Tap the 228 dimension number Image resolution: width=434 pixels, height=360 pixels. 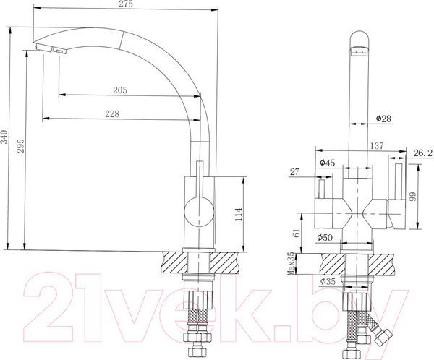(111, 113)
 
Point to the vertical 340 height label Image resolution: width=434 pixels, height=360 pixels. (5, 137)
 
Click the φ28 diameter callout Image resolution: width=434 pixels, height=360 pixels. (383, 118)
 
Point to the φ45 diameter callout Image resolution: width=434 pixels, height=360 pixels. (326, 163)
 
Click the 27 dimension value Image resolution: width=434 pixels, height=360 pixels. (293, 171)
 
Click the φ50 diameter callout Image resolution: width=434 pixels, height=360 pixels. (324, 237)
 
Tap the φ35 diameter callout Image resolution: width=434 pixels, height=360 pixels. (328, 281)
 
